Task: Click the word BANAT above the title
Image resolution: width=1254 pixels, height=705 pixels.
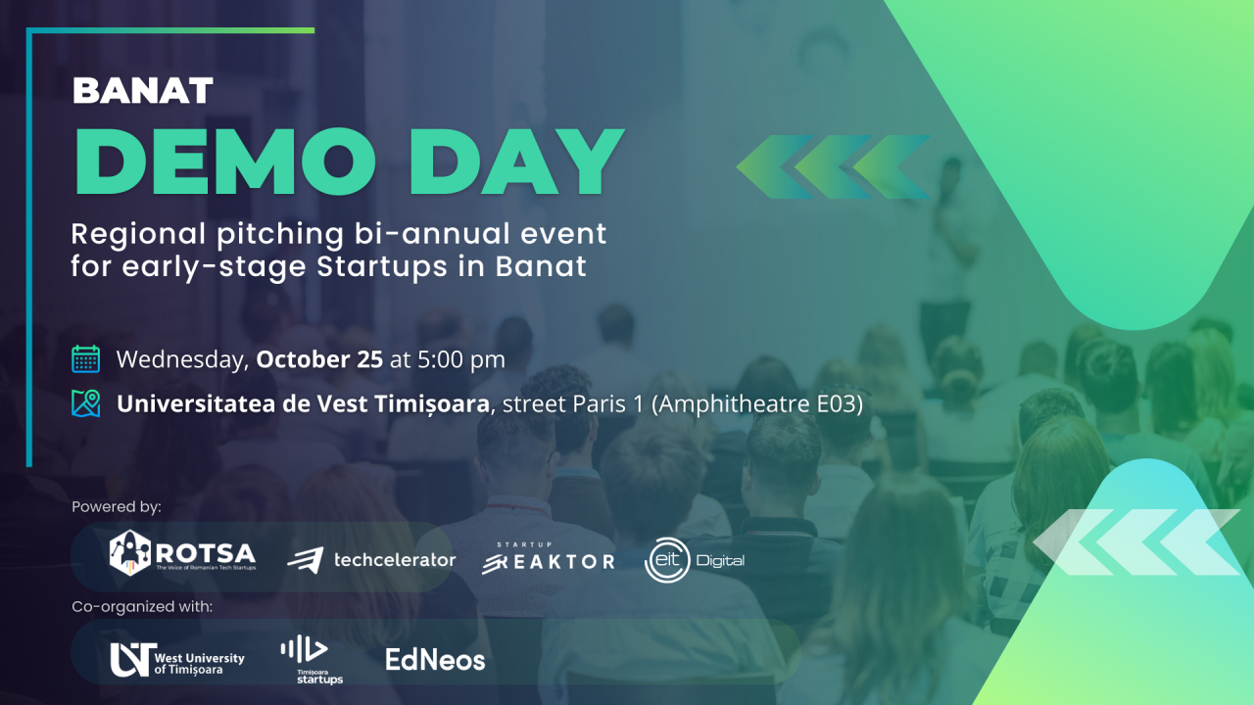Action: [x=142, y=91]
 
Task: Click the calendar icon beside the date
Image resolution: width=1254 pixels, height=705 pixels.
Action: [x=86, y=359]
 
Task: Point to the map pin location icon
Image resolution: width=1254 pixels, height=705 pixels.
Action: [x=86, y=403]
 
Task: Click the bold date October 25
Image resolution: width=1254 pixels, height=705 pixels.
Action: [x=319, y=359]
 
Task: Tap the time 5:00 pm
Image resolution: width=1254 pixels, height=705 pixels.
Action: [x=460, y=359]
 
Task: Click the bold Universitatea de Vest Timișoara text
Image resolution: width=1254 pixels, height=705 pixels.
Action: [x=303, y=403]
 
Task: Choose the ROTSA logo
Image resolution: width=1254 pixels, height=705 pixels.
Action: [x=182, y=553]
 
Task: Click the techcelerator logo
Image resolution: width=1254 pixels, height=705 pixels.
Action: [x=371, y=560]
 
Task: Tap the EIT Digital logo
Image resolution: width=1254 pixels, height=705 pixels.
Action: [x=695, y=560]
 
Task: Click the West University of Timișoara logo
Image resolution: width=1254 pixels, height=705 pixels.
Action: [x=177, y=659]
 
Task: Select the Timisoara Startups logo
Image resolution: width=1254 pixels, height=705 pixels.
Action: [x=312, y=659]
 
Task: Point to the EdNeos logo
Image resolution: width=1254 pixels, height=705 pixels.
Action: [x=435, y=660]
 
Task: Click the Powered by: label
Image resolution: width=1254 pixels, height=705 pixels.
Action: [x=117, y=507]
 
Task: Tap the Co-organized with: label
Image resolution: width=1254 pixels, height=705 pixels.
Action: [x=142, y=607]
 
